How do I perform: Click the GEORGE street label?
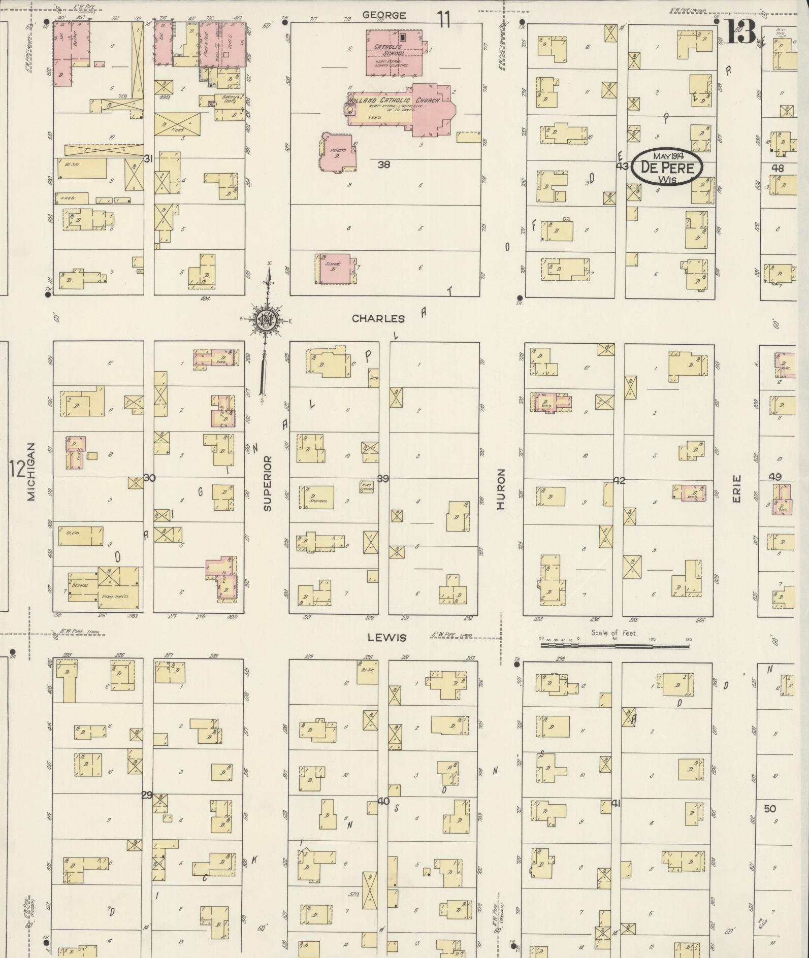pos(384,15)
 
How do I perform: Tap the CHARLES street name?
pos(378,319)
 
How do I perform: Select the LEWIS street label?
pos(387,638)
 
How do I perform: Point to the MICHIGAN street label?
pos(31,472)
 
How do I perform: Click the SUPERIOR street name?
pos(268,483)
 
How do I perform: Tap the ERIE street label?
pos(736,488)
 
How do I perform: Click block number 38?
pos(384,164)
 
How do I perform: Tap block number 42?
pos(619,480)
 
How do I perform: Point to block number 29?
pos(147,795)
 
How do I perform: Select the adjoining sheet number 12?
pos(17,470)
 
